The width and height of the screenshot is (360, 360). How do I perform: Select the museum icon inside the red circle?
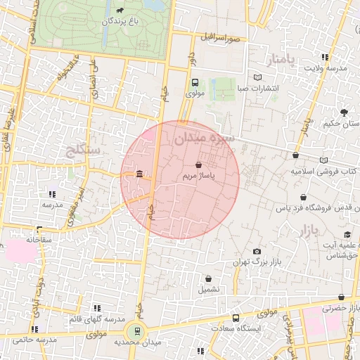coord(140,174)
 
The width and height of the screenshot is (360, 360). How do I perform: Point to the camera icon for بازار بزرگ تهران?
coord(257,251)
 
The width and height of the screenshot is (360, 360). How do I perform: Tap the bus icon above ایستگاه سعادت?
coord(235,318)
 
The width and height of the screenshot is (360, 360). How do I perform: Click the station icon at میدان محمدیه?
coord(137,330)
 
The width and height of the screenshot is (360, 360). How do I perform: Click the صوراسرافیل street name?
coord(219,37)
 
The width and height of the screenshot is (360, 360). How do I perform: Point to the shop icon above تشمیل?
coord(208,278)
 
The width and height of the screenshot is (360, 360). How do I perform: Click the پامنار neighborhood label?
coord(283,57)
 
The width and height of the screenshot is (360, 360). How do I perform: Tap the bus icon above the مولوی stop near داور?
coord(195,82)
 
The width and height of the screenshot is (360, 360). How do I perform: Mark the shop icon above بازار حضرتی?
coord(341,297)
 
